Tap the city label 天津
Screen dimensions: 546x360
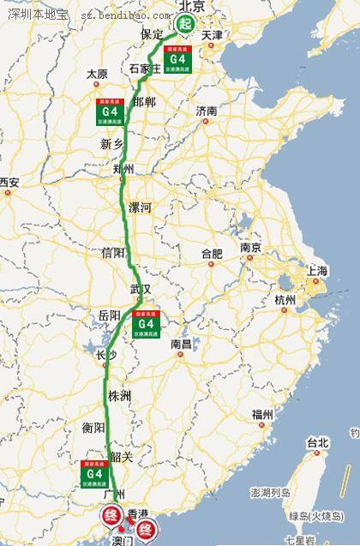pos(211,35)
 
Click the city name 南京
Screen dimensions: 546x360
pos(250,247)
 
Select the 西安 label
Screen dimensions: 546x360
pos(9,182)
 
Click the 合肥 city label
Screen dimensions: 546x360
pos(211,254)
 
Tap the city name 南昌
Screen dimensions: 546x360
pos(181,344)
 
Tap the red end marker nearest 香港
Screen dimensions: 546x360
pos(146,529)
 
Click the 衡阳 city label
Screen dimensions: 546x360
pos(93,427)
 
